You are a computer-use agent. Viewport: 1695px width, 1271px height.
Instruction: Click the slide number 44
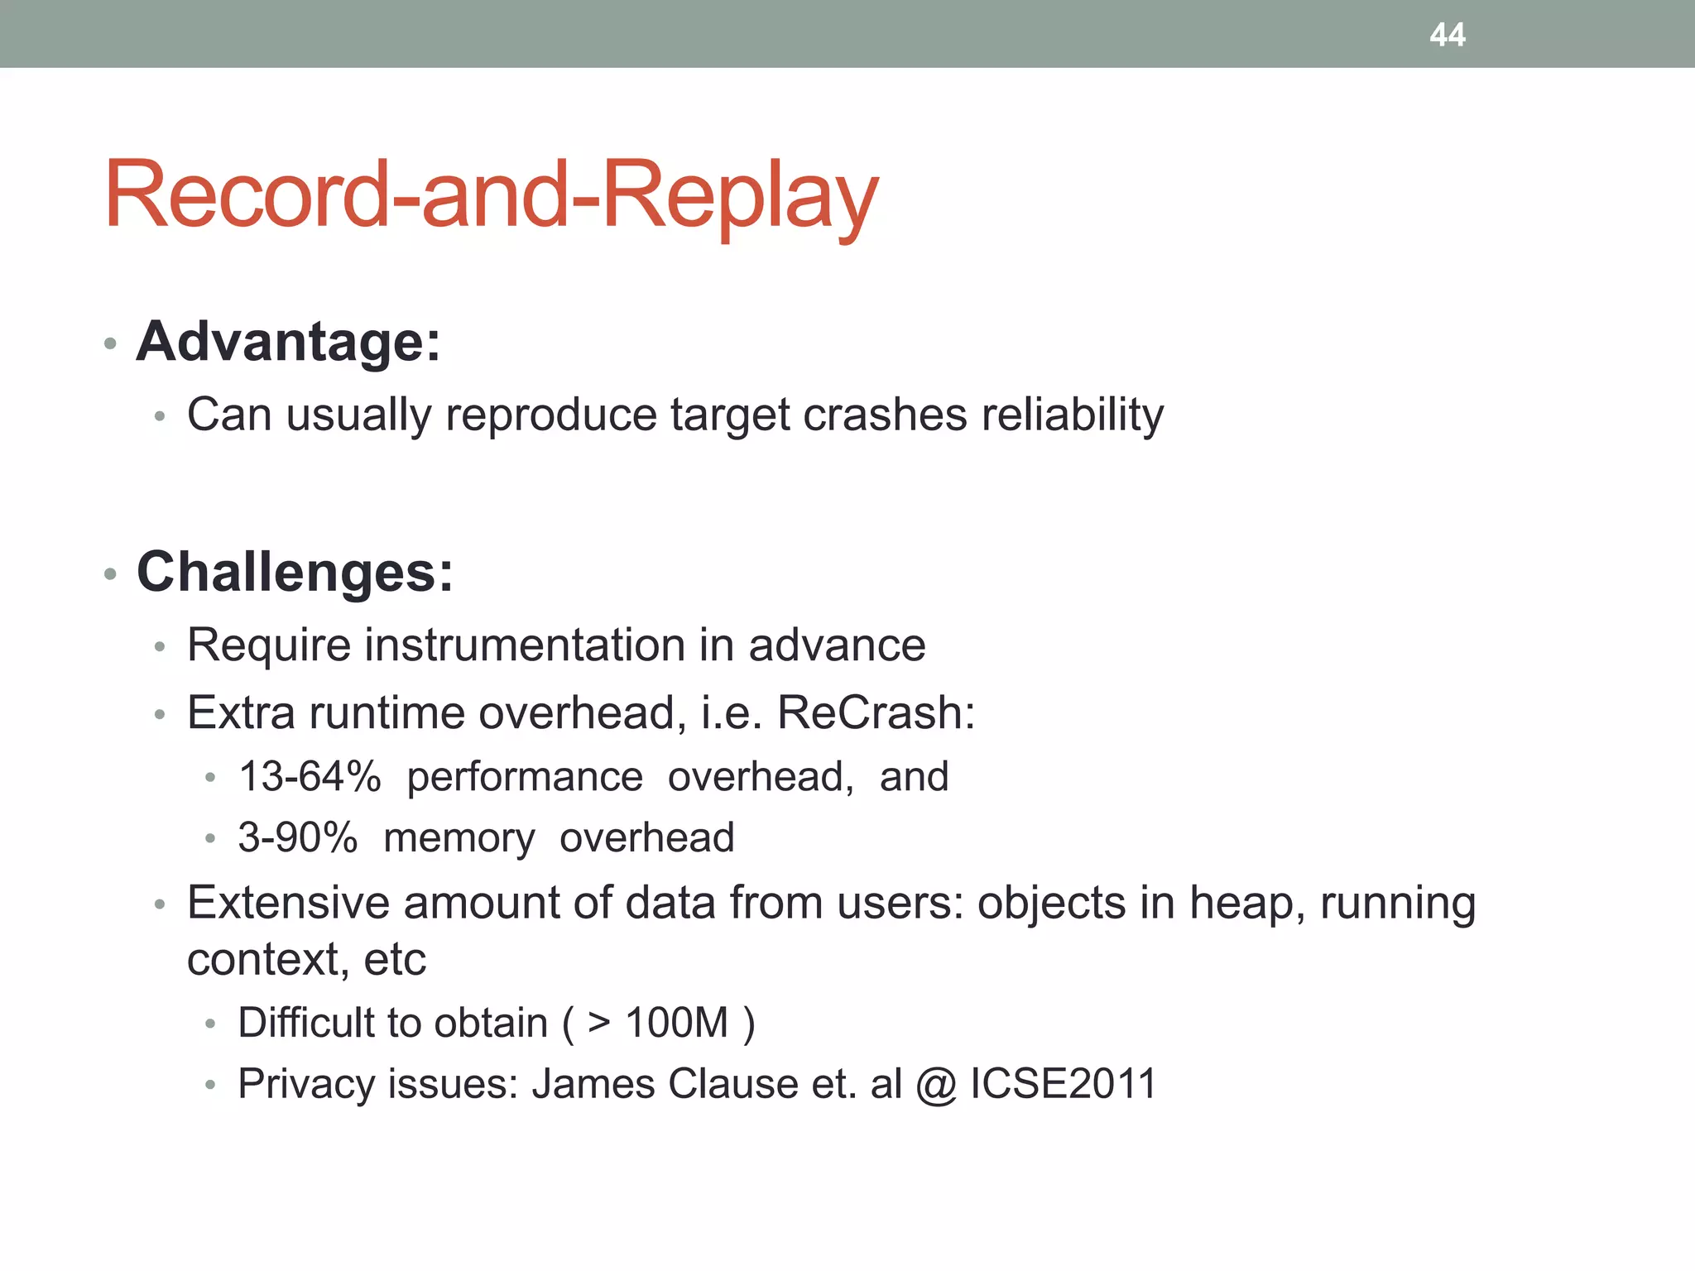1447,35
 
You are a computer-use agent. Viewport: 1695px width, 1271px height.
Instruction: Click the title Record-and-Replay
491,195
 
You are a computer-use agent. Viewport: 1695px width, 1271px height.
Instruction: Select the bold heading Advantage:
288,341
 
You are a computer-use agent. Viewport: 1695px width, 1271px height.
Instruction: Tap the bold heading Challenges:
295,572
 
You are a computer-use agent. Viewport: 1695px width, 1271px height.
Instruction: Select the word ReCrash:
876,712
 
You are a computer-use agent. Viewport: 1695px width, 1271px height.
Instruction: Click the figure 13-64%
310,777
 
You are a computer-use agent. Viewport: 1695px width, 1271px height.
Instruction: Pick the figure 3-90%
298,837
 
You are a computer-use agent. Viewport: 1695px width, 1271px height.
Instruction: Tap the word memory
459,837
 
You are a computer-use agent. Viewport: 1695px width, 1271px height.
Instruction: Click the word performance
525,777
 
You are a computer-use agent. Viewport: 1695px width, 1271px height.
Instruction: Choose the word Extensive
288,902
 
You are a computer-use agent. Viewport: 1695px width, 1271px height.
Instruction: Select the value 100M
676,1022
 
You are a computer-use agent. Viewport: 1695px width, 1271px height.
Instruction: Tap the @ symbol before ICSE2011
936,1084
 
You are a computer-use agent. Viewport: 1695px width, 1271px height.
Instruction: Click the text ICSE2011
1064,1083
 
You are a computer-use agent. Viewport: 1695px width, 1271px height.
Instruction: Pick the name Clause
732,1083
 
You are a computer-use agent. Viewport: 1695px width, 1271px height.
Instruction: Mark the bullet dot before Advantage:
110,343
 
